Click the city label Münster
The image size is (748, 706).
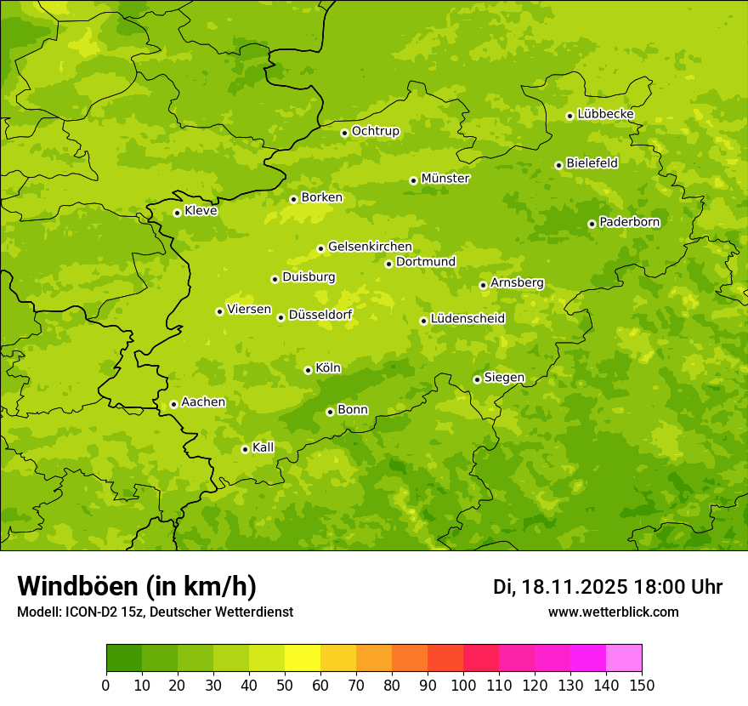click(445, 179)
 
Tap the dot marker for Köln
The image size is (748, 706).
click(308, 370)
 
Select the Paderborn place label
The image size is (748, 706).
click(629, 222)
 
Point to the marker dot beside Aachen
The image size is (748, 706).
click(173, 404)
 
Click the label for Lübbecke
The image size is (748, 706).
click(605, 114)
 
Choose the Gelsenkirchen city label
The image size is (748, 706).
click(370, 247)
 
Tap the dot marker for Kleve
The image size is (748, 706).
click(177, 213)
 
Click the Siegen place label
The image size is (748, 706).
click(504, 378)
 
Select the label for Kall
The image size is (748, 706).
click(263, 447)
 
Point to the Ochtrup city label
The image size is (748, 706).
click(375, 131)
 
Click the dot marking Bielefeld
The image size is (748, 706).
click(558, 165)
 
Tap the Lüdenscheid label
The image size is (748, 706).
click(467, 319)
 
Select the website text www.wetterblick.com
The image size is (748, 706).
click(613, 612)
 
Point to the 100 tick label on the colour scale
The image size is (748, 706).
click(463, 686)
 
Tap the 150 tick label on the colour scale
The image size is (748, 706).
click(642, 686)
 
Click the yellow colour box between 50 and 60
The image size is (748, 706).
click(303, 658)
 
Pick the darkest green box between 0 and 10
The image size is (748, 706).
click(124, 658)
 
